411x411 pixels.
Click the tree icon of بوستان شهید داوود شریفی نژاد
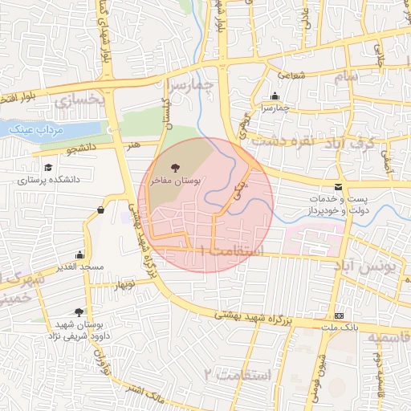pyautogui.click(x=79, y=311)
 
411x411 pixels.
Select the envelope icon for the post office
pyautogui.click(x=337, y=186)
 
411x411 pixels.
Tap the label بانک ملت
pyautogui.click(x=338, y=328)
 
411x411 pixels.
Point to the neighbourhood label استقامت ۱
pyautogui.click(x=232, y=250)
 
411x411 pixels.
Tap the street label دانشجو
pyautogui.click(x=81, y=148)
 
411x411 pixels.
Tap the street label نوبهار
pyautogui.click(x=126, y=285)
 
